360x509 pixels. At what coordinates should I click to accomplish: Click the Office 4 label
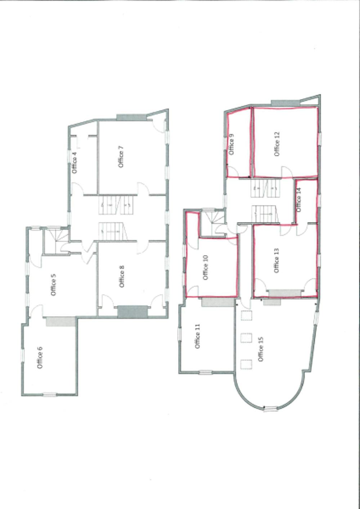(x=75, y=163)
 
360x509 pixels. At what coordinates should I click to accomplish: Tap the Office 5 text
(x=53, y=285)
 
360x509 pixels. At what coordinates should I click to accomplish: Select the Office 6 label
(x=40, y=357)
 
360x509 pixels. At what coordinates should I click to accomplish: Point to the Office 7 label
(x=121, y=156)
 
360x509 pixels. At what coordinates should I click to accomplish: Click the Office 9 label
(x=231, y=144)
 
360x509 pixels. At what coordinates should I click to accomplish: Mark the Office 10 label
(x=206, y=267)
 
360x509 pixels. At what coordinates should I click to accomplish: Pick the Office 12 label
(x=277, y=144)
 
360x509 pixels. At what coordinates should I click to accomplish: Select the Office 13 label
(x=276, y=260)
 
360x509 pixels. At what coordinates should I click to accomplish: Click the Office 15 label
(x=261, y=349)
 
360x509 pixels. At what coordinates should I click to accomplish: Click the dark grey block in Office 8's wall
(x=132, y=312)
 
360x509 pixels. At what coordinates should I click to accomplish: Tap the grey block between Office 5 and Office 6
(x=61, y=321)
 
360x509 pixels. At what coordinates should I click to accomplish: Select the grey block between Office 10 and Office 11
(x=217, y=302)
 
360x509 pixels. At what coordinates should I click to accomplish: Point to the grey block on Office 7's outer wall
(x=131, y=117)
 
